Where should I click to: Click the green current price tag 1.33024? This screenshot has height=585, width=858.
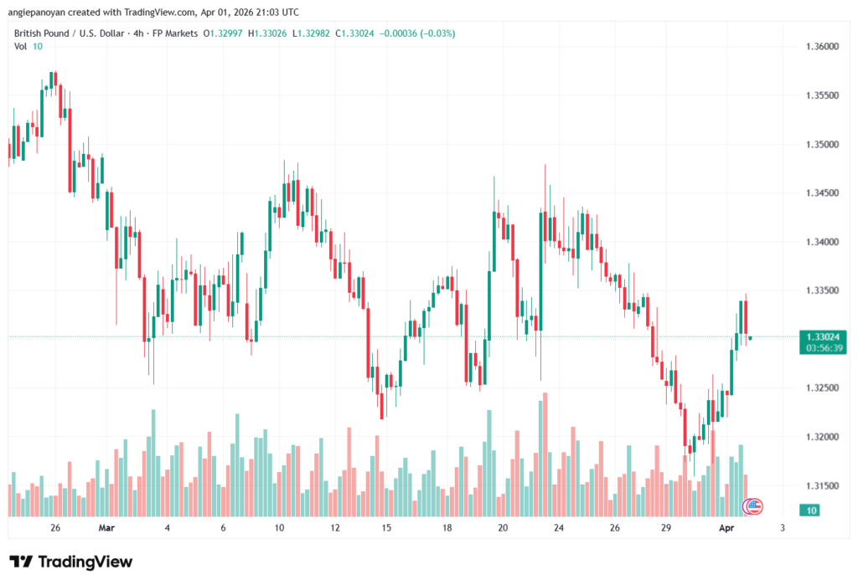[822, 336]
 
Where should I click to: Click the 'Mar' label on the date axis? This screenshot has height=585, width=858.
[106, 528]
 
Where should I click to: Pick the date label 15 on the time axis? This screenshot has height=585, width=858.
[386, 528]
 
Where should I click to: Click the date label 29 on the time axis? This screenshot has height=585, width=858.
[668, 528]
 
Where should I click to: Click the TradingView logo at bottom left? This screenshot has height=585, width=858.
[70, 562]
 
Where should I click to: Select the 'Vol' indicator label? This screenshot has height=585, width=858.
[21, 46]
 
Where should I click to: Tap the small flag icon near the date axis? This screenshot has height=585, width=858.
[753, 505]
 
